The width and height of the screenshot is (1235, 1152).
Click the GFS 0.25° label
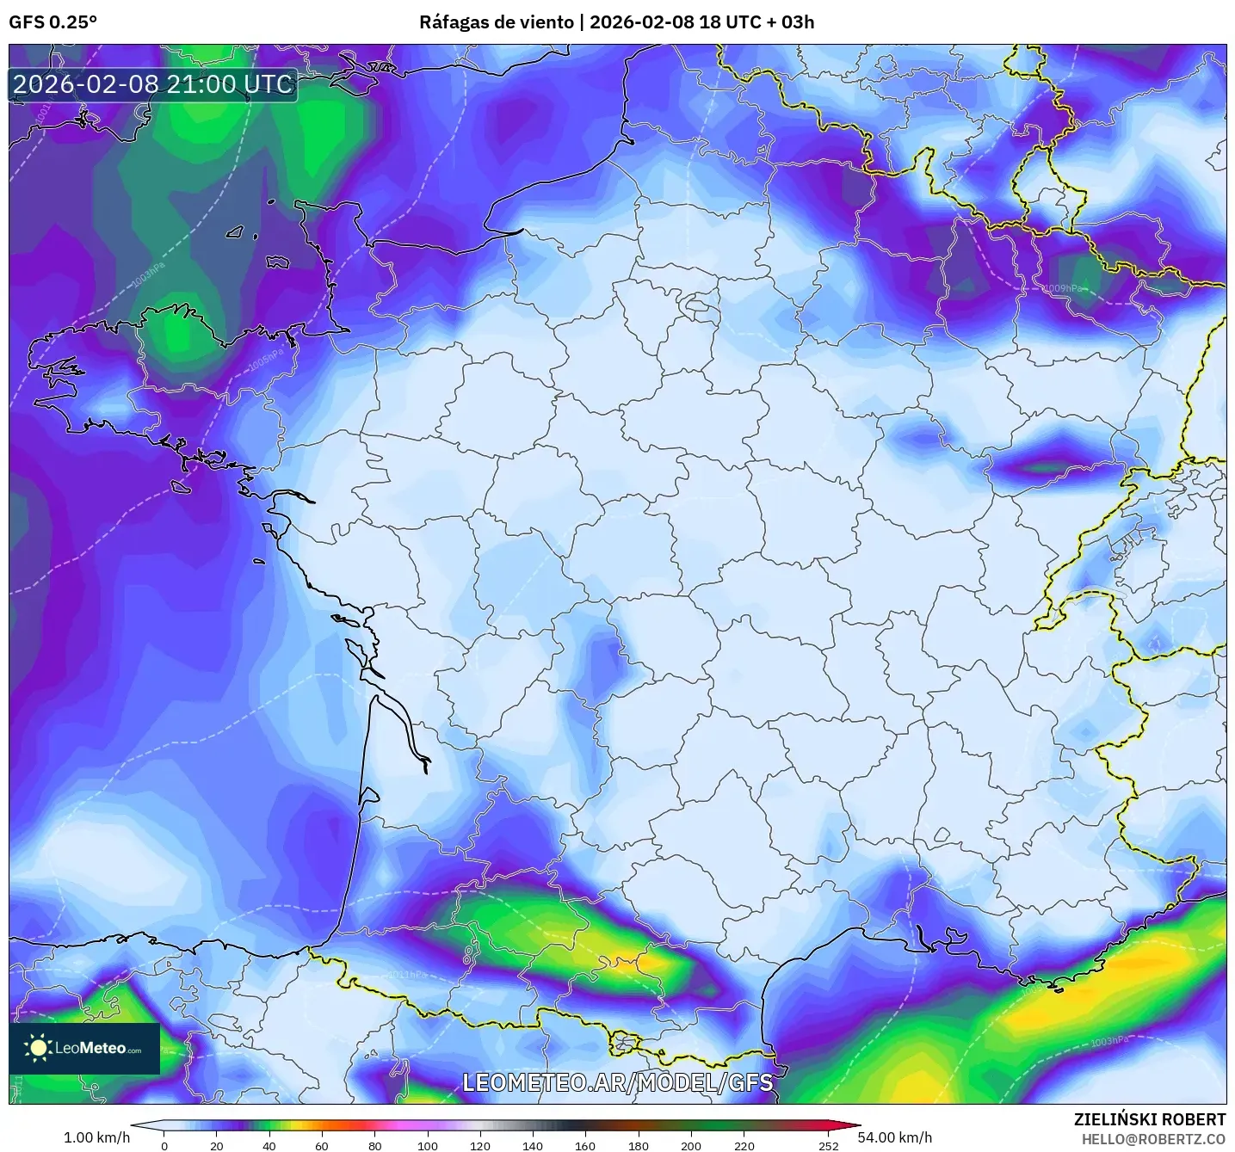(x=52, y=22)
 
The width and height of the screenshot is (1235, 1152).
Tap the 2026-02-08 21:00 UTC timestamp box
(x=153, y=84)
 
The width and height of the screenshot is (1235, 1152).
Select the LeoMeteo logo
(x=84, y=1048)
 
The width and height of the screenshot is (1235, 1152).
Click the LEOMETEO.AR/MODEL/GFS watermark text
(x=617, y=1082)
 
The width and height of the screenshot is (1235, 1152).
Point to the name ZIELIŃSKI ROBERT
(x=1149, y=1119)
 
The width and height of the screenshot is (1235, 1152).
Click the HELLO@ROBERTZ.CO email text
(x=1153, y=1139)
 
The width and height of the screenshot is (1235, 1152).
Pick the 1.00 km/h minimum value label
(x=96, y=1137)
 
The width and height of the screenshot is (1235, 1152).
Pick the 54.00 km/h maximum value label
(x=895, y=1137)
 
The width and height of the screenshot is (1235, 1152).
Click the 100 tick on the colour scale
(x=428, y=1145)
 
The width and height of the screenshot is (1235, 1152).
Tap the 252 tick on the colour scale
(x=828, y=1145)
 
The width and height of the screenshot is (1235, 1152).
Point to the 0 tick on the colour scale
(x=164, y=1145)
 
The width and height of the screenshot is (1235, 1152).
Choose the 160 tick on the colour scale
(x=585, y=1145)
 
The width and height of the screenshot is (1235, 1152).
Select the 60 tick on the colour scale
(x=322, y=1145)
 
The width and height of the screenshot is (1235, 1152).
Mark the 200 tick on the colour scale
(x=691, y=1145)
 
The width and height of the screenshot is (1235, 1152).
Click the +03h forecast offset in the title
(x=796, y=22)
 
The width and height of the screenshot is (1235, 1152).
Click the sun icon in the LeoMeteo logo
(x=38, y=1047)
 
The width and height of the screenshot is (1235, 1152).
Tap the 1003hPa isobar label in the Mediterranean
(x=1108, y=1042)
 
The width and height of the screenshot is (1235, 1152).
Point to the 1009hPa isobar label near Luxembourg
(x=1062, y=288)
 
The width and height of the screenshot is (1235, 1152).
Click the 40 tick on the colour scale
(x=269, y=1145)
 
